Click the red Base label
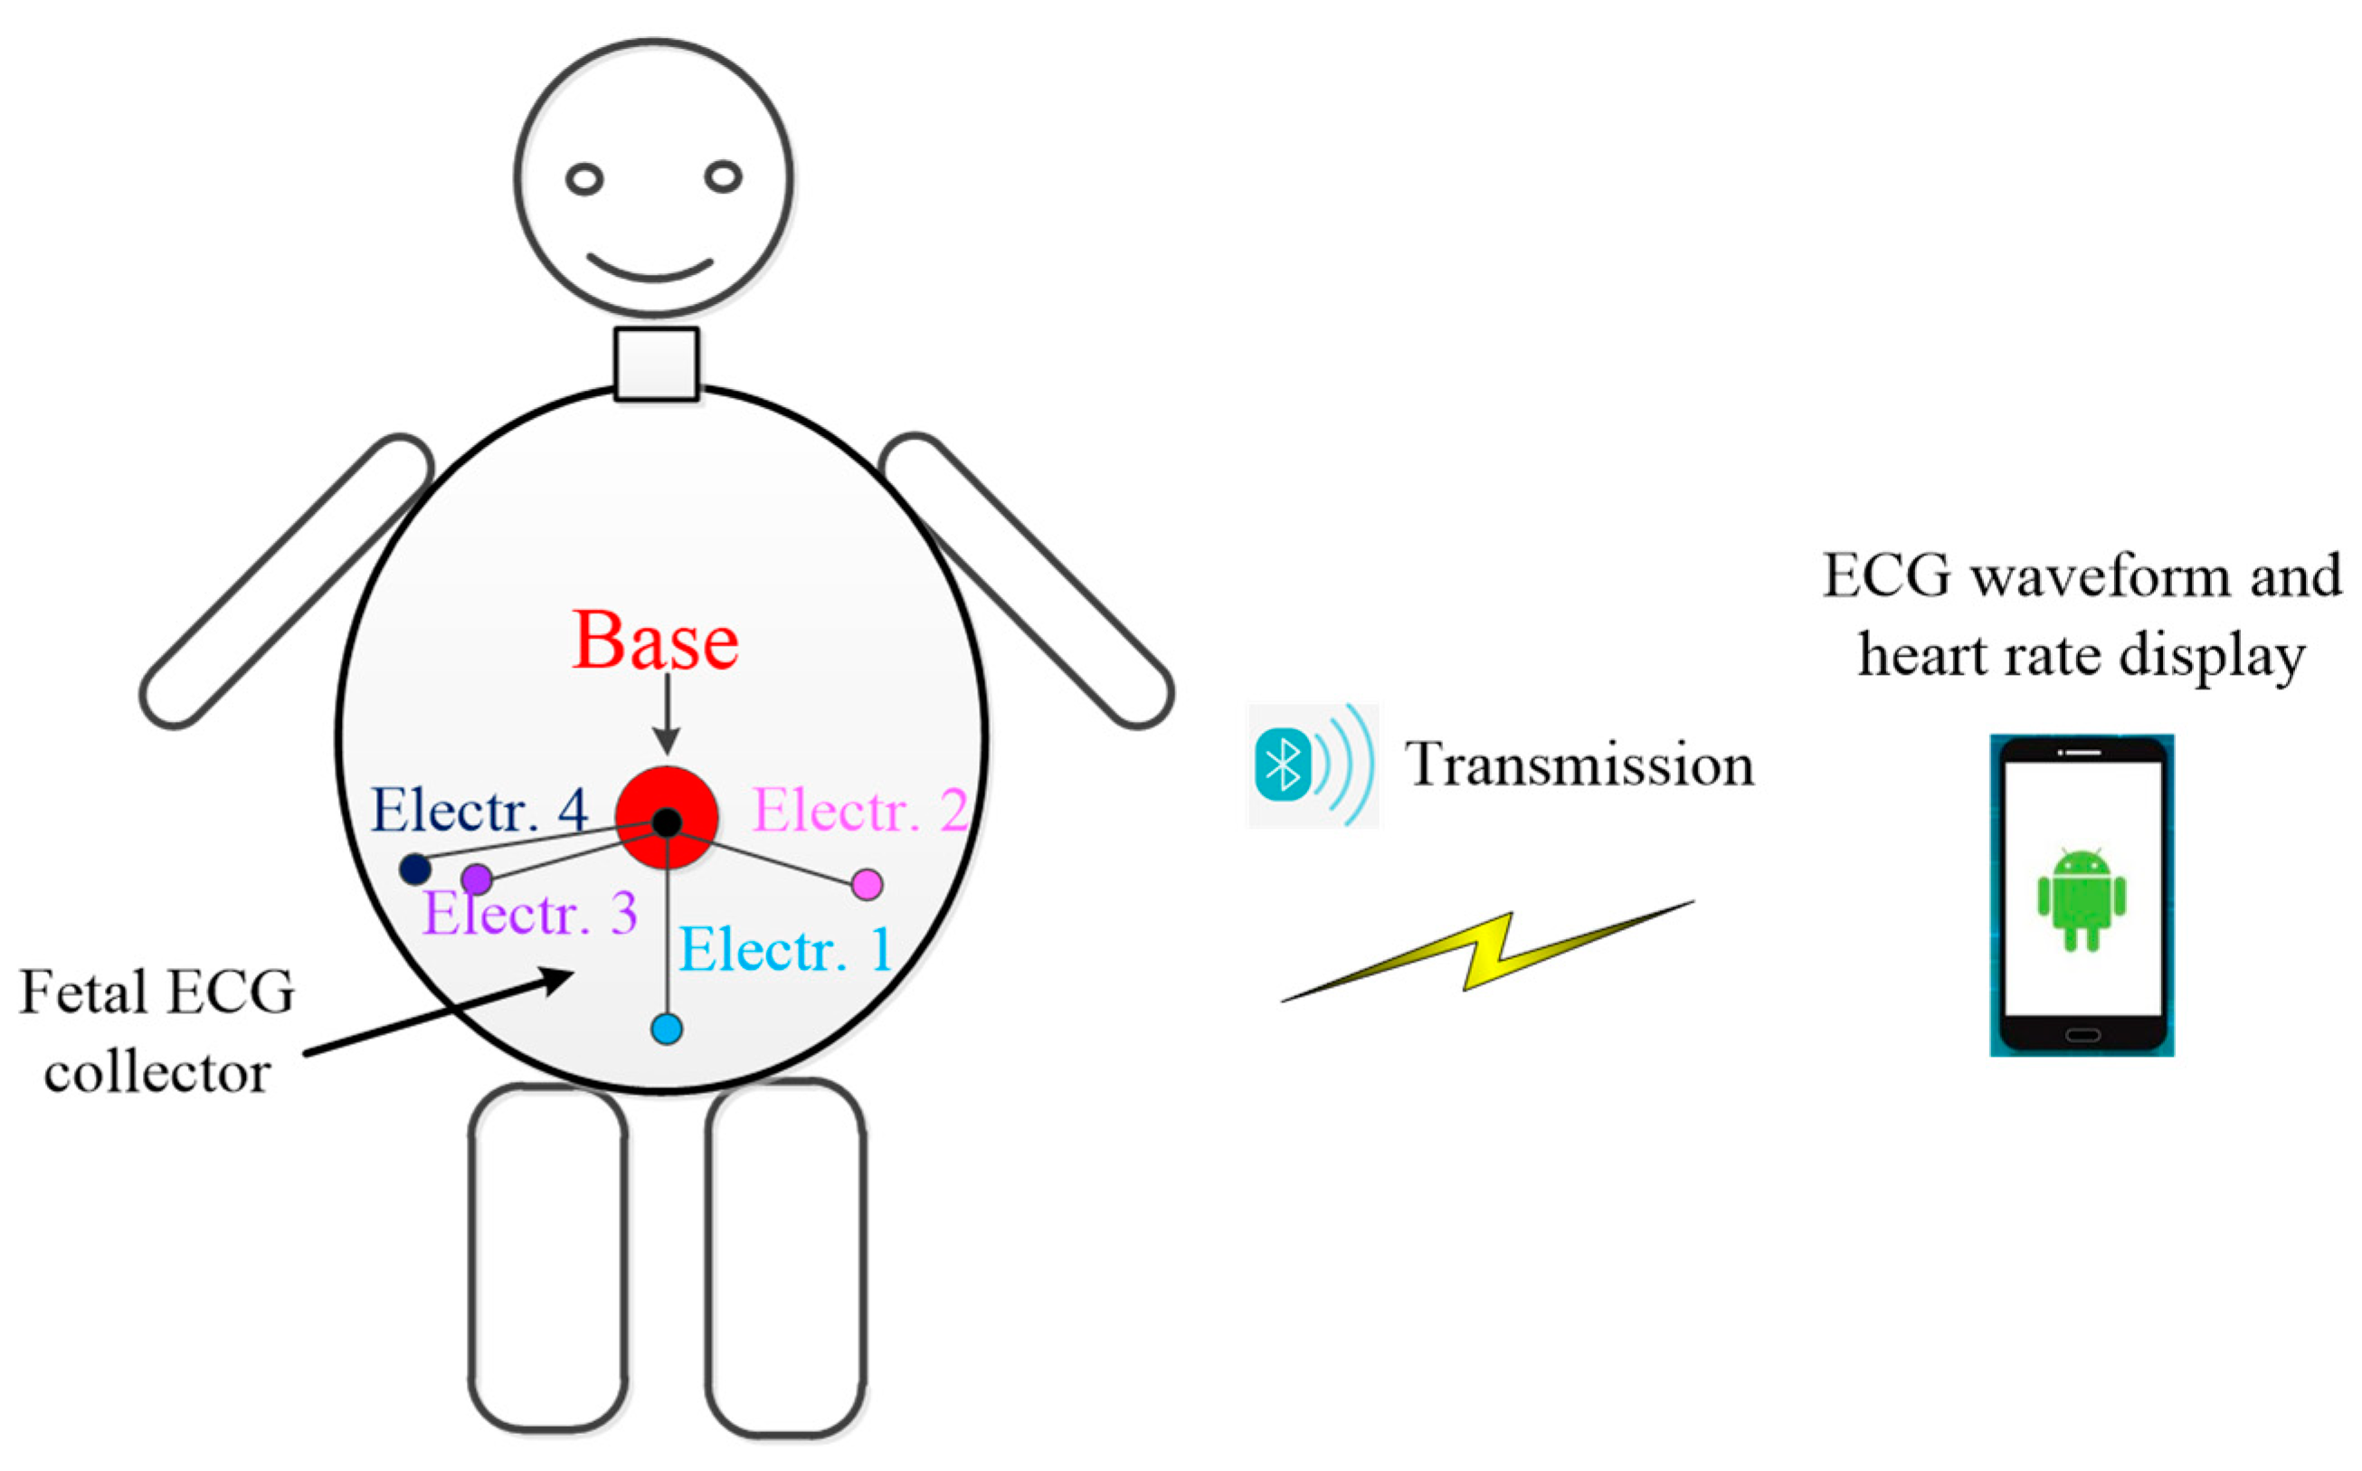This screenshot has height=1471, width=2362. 655,641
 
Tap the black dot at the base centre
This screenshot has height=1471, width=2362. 667,822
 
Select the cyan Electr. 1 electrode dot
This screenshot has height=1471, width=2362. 667,1029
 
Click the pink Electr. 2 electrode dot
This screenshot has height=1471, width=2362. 867,885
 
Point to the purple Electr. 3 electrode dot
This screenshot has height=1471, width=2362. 477,879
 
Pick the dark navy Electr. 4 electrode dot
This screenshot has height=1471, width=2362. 415,868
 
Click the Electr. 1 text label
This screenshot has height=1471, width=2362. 785,950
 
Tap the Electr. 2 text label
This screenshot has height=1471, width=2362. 861,810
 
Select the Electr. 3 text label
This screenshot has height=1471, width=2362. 530,913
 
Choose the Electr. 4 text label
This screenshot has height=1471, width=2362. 479,810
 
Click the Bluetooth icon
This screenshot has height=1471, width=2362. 1284,764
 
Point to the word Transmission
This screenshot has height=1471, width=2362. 1579,764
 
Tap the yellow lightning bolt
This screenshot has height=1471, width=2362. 1488,952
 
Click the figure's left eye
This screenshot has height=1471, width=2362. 584,180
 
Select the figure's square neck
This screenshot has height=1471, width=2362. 656,364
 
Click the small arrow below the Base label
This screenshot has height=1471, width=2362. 667,715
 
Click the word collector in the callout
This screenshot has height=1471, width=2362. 157,1073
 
